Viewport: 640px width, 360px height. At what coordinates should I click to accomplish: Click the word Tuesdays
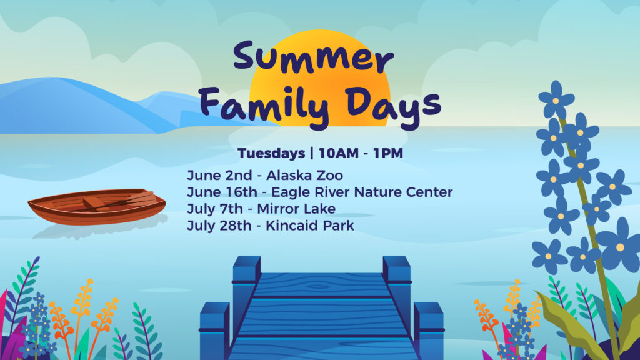pos(271,153)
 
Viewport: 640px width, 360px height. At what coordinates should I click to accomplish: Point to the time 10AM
pos(339,153)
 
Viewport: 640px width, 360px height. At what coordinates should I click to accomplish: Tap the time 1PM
pos(388,153)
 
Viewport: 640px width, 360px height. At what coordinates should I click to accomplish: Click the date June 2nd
pos(219,176)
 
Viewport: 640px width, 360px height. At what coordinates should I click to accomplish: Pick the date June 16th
pos(222,192)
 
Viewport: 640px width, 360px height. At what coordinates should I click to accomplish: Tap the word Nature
pos(377,192)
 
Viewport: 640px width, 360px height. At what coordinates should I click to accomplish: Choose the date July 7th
pos(215,209)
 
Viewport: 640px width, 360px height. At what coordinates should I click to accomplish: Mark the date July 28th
pos(219,226)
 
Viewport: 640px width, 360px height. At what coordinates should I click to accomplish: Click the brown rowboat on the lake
pos(97,207)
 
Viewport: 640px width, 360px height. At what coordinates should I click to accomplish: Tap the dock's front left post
pos(214,331)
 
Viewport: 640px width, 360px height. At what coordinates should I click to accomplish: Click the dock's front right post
pos(429,331)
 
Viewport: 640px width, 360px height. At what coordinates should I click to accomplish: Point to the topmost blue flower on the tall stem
pos(556,99)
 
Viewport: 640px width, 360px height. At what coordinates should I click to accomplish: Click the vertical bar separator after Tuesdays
pos(312,154)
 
